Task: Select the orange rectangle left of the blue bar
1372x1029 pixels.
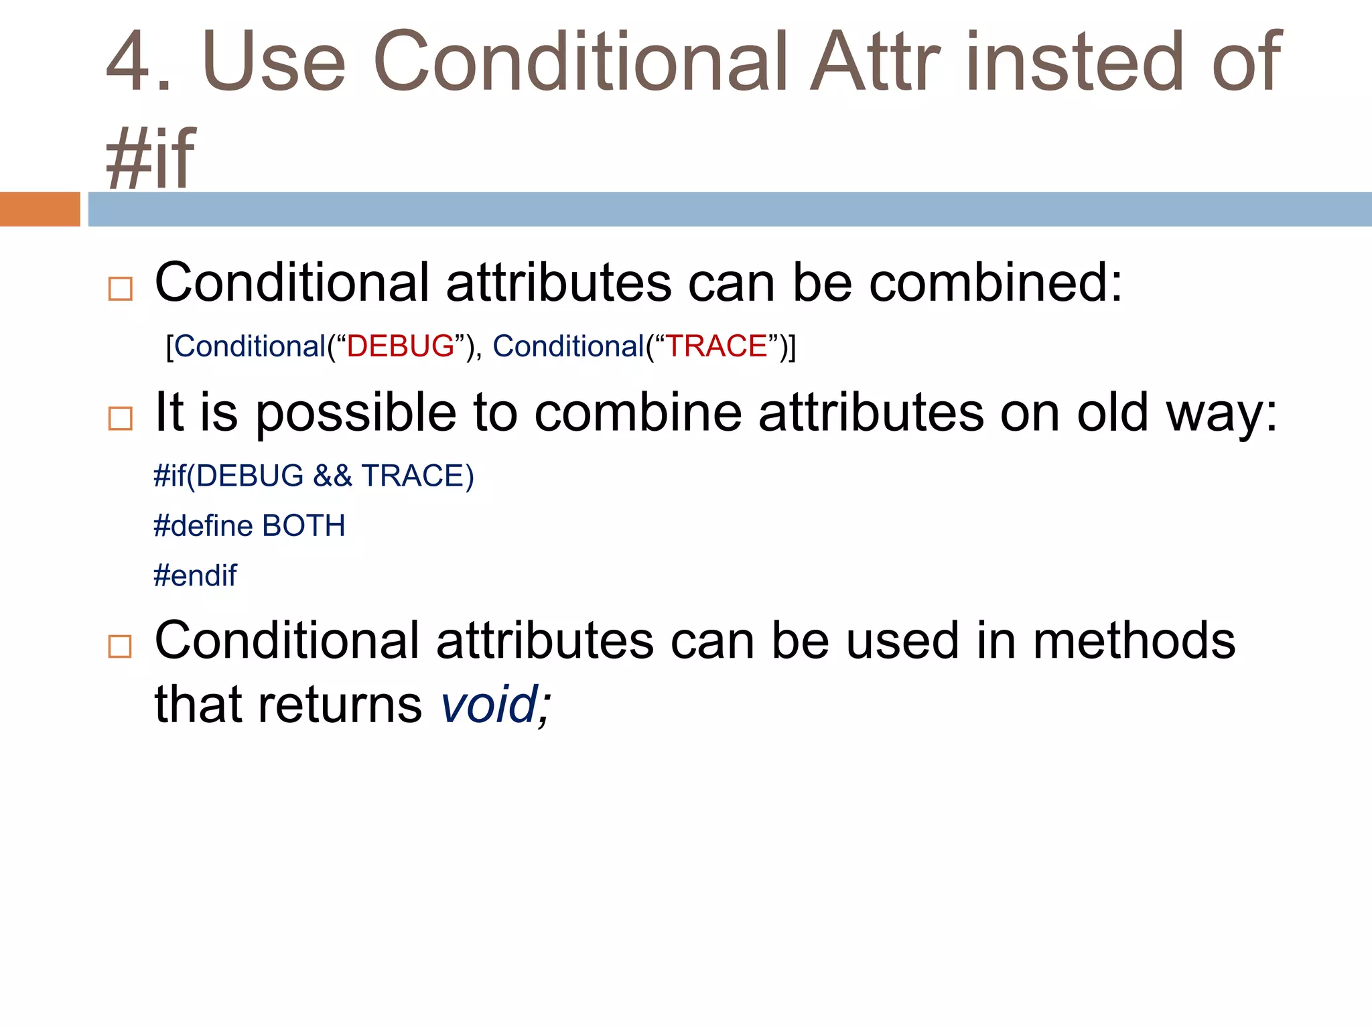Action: coord(40,209)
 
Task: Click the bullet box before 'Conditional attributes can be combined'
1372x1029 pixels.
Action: coord(121,289)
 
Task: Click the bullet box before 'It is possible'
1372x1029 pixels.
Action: coord(121,418)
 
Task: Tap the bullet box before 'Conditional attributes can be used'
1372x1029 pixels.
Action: coord(121,646)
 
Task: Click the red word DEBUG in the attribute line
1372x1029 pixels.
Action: coord(401,346)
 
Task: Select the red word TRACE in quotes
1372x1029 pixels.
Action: coord(716,346)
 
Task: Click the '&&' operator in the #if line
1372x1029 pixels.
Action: coord(332,476)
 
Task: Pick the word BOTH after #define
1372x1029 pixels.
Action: coord(303,526)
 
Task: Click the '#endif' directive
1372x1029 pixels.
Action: coord(195,575)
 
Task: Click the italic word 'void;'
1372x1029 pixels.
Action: coord(496,704)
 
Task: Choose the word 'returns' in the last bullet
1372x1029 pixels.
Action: coord(340,705)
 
